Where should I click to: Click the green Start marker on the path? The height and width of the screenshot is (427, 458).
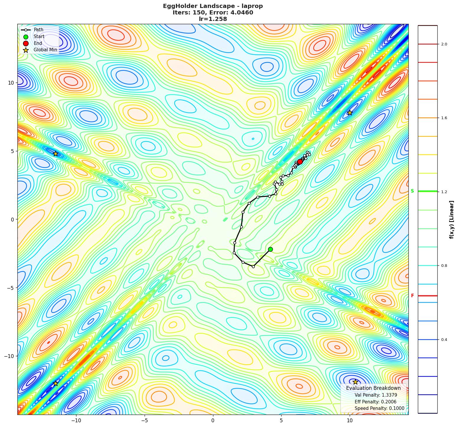coord(270,249)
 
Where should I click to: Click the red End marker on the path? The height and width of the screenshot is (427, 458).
coord(300,162)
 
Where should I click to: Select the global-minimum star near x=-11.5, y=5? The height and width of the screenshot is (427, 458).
coord(55,154)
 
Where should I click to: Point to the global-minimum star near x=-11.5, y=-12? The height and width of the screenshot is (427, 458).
coord(55,383)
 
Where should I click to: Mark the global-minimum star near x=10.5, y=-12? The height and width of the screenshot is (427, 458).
coord(355,382)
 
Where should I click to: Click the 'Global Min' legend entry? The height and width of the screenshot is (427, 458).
coord(45,50)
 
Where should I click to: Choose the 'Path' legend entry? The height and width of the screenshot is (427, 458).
coord(38,30)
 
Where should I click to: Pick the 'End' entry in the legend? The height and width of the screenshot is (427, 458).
coord(38,43)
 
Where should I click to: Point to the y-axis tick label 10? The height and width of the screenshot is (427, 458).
coord(11,83)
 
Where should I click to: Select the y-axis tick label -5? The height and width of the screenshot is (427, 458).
coord(10,288)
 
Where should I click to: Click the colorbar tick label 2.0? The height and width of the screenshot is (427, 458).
coord(444,44)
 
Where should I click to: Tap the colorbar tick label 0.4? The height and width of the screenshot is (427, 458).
coord(444,340)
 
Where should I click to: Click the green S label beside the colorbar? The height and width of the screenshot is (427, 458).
coord(412,191)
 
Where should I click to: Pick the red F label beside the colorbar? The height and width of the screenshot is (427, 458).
coord(412,296)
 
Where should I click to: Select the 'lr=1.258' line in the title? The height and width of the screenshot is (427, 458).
coord(213,19)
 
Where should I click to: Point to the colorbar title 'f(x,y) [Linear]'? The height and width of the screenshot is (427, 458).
coord(452,220)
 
